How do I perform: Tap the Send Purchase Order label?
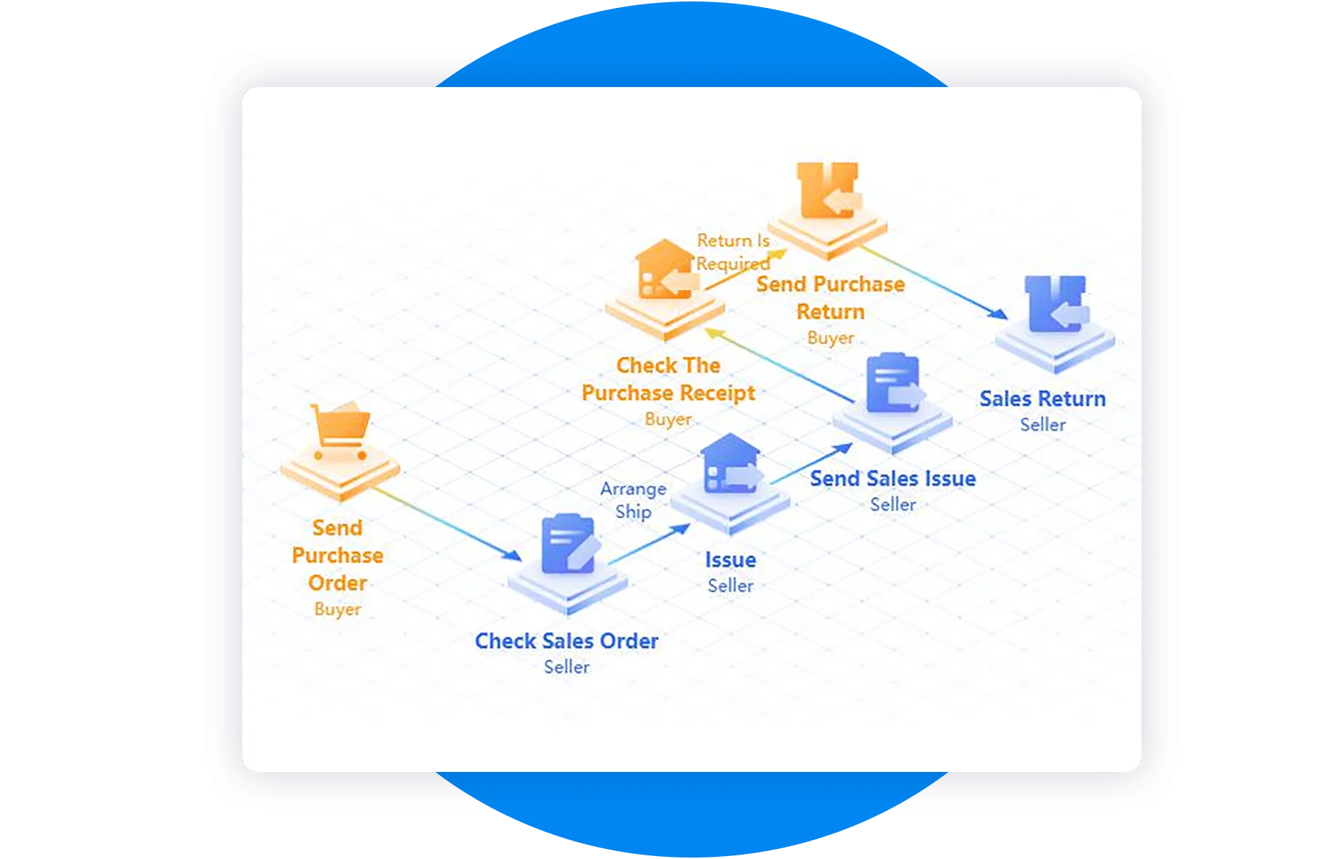pos(337,555)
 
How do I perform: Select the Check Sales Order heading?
pos(566,641)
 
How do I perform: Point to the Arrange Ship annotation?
pos(633,500)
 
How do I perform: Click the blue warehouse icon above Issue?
pos(732,464)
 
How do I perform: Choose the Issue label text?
pos(730,559)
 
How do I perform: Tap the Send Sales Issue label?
pos(893,478)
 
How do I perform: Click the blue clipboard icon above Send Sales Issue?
pos(895,382)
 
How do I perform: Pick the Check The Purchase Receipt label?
pos(668,379)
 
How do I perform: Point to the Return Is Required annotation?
pos(733,252)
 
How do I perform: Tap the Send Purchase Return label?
pos(830,297)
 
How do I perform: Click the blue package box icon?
pos(1057,303)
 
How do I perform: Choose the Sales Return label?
pos(1042,398)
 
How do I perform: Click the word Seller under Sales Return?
pos(1042,424)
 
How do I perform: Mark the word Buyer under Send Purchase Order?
pos(337,609)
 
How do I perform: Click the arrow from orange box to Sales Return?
pos(933,282)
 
